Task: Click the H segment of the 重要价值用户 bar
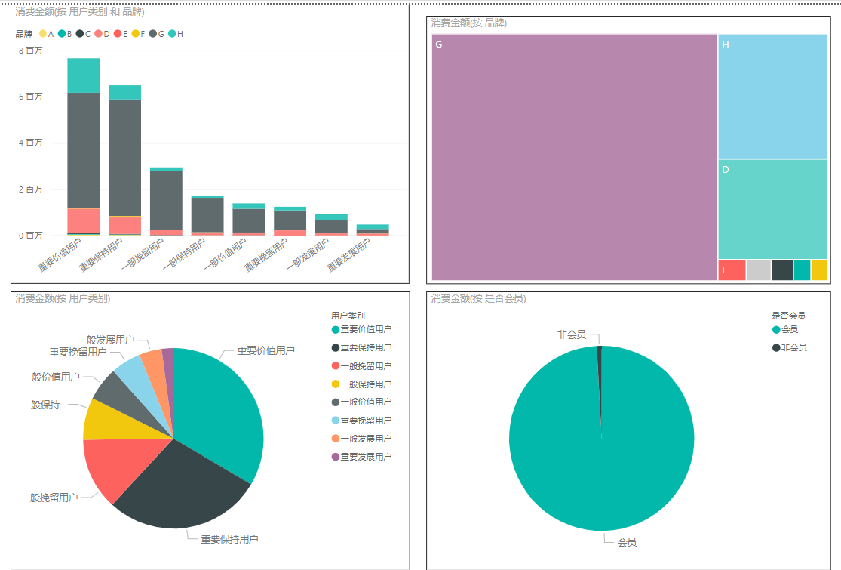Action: [83, 75]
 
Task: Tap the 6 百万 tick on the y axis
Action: [30, 97]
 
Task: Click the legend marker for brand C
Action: [79, 34]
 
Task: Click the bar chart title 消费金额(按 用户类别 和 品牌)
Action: [80, 11]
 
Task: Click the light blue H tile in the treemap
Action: [772, 96]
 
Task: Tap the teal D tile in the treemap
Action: [772, 209]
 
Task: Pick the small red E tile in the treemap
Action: [732, 270]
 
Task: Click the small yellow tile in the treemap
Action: [819, 270]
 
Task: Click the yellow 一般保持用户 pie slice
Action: [99, 419]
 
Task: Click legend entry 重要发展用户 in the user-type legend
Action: [366, 457]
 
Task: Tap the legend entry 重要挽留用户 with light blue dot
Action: [366, 421]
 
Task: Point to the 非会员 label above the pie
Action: [571, 334]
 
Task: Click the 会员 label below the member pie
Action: [627, 542]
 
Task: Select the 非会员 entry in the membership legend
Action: [793, 347]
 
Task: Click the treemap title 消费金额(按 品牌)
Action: [468, 23]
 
